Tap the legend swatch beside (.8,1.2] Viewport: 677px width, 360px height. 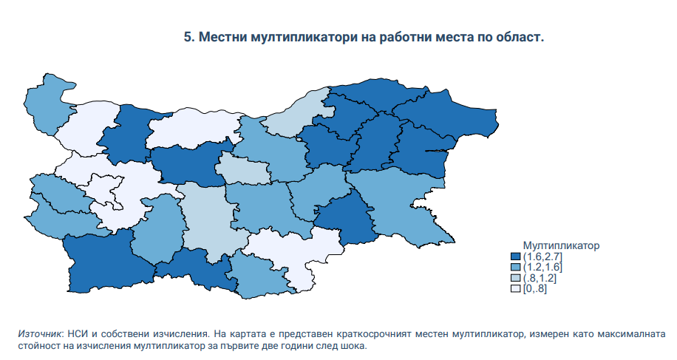coord(516,278)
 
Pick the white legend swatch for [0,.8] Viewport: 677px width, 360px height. coord(516,289)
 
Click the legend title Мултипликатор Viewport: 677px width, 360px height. coord(561,245)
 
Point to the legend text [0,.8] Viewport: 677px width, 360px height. coord(535,289)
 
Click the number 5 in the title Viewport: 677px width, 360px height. coord(188,37)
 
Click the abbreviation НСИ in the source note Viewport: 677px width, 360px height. coord(78,334)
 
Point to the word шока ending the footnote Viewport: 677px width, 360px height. coord(355,346)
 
